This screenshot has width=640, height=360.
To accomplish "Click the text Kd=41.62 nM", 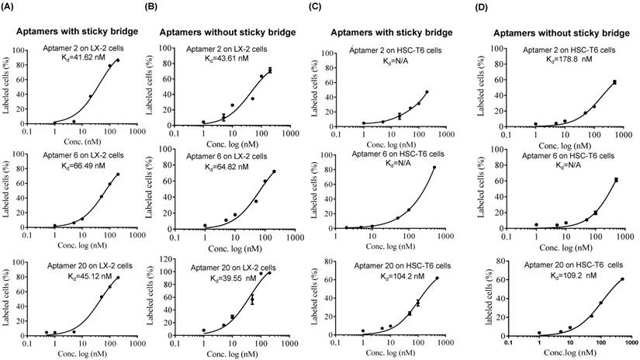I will [87, 58].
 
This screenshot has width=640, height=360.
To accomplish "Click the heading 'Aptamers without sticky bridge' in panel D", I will [554, 33].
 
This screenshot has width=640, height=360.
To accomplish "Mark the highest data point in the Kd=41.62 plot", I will [118, 61].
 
